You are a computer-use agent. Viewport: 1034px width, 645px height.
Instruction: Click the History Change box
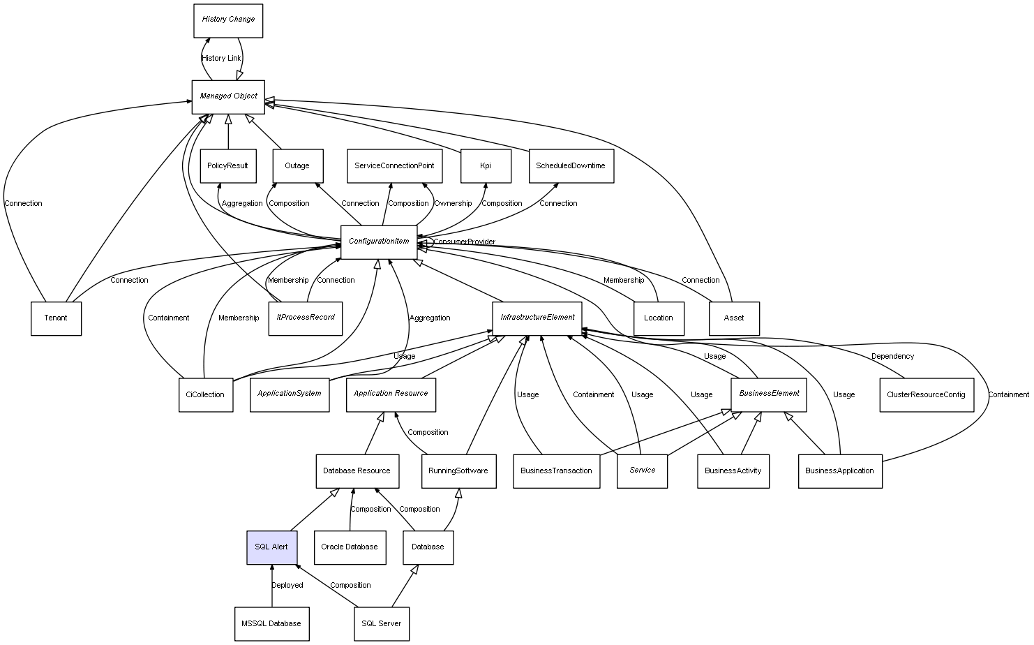tap(228, 20)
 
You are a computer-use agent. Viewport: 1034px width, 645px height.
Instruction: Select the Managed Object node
tap(228, 96)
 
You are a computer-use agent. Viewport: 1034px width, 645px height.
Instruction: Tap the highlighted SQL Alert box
tap(271, 547)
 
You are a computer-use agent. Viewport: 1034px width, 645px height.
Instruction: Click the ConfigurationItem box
tap(379, 242)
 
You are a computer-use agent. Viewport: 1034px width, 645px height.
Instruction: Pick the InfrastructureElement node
tap(537, 318)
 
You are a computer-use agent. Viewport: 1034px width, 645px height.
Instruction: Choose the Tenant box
tap(56, 318)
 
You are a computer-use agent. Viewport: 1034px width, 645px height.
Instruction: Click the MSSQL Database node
tap(271, 623)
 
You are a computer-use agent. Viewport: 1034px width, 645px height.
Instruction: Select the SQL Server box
tap(381, 623)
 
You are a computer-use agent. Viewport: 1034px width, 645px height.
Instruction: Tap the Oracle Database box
tap(349, 547)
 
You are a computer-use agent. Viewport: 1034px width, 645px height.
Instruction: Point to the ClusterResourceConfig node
tap(926, 394)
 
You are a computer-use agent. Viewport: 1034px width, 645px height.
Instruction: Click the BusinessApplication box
tap(839, 470)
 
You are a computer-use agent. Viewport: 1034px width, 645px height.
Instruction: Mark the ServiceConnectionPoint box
tap(394, 166)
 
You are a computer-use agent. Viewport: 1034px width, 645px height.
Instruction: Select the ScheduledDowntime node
tap(571, 166)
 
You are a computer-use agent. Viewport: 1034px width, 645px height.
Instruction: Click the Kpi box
tap(486, 166)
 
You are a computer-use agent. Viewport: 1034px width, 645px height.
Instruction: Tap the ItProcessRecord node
tap(305, 318)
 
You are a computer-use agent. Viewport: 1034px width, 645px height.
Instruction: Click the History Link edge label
tap(221, 59)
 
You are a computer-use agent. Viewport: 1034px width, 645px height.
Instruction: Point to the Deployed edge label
tap(287, 585)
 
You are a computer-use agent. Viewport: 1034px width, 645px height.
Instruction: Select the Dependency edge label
tap(892, 356)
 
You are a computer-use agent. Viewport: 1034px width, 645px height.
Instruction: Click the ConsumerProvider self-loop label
tap(464, 242)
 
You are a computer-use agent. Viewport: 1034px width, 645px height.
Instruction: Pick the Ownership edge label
tap(453, 204)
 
